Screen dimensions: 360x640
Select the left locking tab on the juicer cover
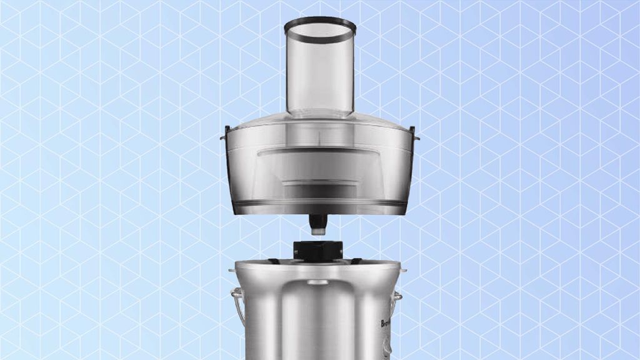point(224,134)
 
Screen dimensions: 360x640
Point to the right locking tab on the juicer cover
point(415,134)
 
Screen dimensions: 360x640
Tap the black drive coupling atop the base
point(319,250)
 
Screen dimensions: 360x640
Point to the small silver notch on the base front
point(318,282)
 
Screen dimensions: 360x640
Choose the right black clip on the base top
point(356,261)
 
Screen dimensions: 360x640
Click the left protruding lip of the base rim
point(233,271)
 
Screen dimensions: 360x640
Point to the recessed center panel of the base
point(319,325)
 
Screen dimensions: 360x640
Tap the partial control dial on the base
point(387,347)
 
